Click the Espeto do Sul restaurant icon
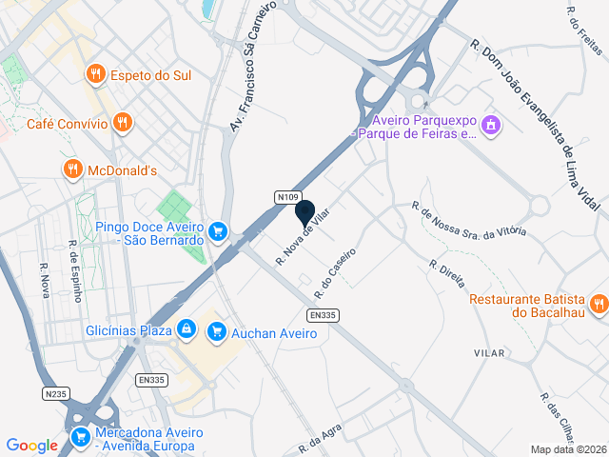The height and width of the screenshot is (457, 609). point(95,73)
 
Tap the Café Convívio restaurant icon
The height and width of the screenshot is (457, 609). point(121,122)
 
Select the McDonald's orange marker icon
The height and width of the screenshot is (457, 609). point(72,169)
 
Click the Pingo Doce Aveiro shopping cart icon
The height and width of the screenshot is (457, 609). point(218,230)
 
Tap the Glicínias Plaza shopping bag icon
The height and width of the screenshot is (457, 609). point(187,329)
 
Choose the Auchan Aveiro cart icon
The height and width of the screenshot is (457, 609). point(217,330)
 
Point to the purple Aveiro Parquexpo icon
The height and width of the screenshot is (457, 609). point(491,124)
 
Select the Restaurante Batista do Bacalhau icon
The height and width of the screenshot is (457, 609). point(598,304)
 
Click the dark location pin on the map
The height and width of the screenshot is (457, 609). point(305,214)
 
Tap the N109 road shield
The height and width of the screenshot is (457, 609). point(289,196)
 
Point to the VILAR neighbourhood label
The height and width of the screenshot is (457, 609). point(489,352)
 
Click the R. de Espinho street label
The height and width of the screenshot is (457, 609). point(75,269)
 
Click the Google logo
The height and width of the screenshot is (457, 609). point(31,446)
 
